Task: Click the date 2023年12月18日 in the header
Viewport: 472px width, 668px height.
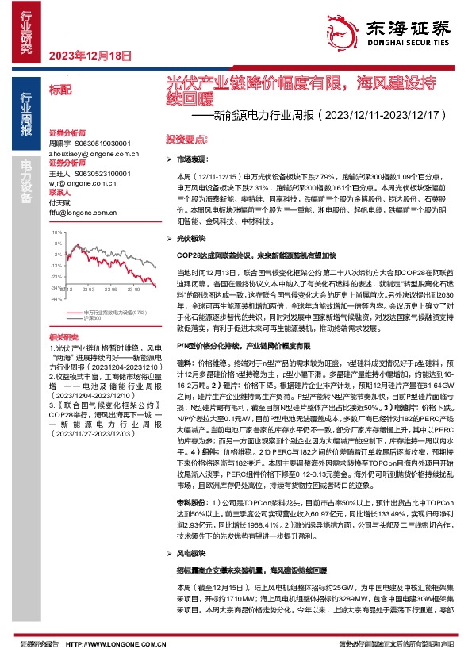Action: pyautogui.click(x=90, y=55)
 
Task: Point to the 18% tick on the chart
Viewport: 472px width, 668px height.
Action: pyautogui.click(x=57, y=232)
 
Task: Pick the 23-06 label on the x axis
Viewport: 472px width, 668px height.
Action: pyautogui.click(x=110, y=289)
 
